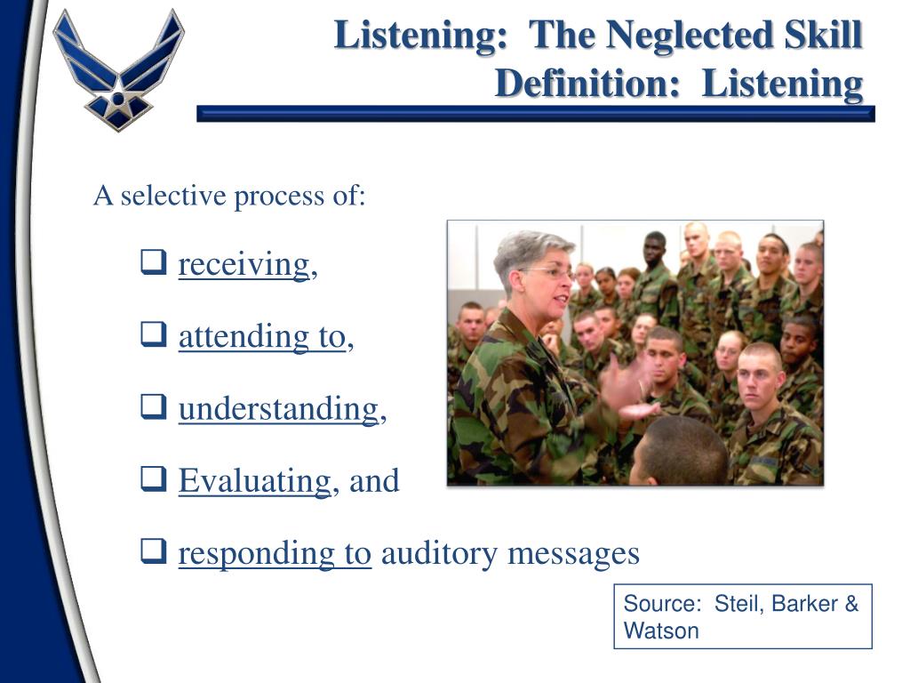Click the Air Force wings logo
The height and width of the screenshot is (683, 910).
point(118,70)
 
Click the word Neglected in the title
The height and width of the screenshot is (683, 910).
point(690,36)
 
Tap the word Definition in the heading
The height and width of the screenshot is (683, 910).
point(587,84)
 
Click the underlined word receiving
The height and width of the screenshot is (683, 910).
point(243,265)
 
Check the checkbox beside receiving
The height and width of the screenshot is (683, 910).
point(154,261)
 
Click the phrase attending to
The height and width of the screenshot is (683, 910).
point(262,336)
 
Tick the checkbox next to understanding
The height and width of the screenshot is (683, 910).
point(154,406)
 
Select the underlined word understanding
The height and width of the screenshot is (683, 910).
point(278,408)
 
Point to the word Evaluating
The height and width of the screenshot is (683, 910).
point(254,481)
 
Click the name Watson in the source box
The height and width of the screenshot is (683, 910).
point(661,631)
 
